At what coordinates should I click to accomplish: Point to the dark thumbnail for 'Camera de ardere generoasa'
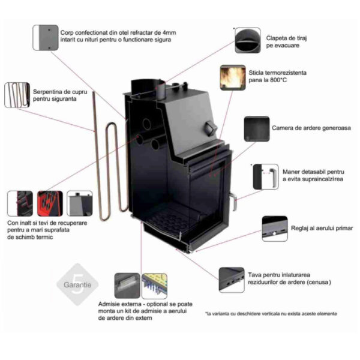[x=256, y=128]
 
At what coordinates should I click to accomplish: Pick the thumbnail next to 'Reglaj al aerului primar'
[x=275, y=228]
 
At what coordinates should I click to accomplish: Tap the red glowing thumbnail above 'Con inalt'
[x=50, y=203]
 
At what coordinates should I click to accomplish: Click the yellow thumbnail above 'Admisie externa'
[x=154, y=286]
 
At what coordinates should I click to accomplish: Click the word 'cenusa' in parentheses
[x=319, y=282]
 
